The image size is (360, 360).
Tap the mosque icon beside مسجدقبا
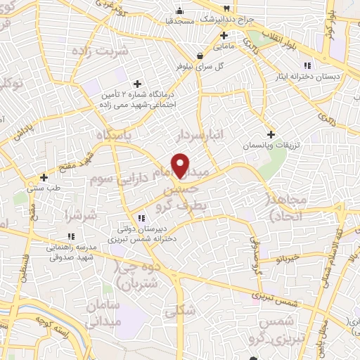click(x=181, y=11)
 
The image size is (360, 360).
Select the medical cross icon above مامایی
click(x=224, y=35)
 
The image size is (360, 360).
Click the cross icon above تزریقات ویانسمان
click(x=271, y=134)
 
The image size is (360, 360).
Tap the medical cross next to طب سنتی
click(x=44, y=177)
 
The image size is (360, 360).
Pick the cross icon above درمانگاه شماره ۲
click(x=137, y=84)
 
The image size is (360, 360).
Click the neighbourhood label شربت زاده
click(x=103, y=52)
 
